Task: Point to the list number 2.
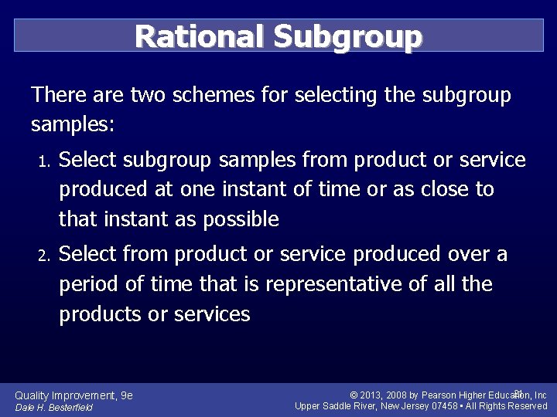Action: coord(43,256)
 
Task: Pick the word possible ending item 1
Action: coord(240,220)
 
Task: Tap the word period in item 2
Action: coord(90,285)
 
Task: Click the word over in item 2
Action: coord(468,254)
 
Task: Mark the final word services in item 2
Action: coord(213,314)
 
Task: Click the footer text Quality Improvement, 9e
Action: coord(74,395)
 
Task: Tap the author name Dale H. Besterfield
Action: coord(54,408)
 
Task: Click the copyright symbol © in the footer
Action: coord(354,395)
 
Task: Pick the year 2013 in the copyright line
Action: coord(373,395)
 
